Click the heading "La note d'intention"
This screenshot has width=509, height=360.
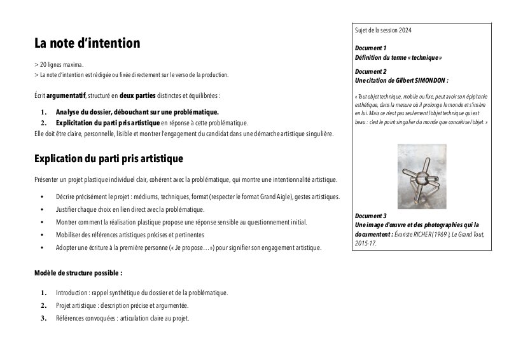click(x=87, y=44)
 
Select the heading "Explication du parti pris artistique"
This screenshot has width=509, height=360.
click(x=108, y=158)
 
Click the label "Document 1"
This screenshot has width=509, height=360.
click(x=371, y=48)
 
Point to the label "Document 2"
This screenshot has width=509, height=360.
click(x=371, y=72)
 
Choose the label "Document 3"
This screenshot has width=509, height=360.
click(x=371, y=216)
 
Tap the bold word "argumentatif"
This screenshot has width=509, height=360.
click(x=66, y=95)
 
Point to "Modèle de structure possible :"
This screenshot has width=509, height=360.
click(x=78, y=273)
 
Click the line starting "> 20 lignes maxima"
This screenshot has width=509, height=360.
click(x=59, y=65)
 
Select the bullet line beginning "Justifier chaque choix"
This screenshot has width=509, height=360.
click(x=130, y=209)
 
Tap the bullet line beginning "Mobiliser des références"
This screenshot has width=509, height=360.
click(x=130, y=235)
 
